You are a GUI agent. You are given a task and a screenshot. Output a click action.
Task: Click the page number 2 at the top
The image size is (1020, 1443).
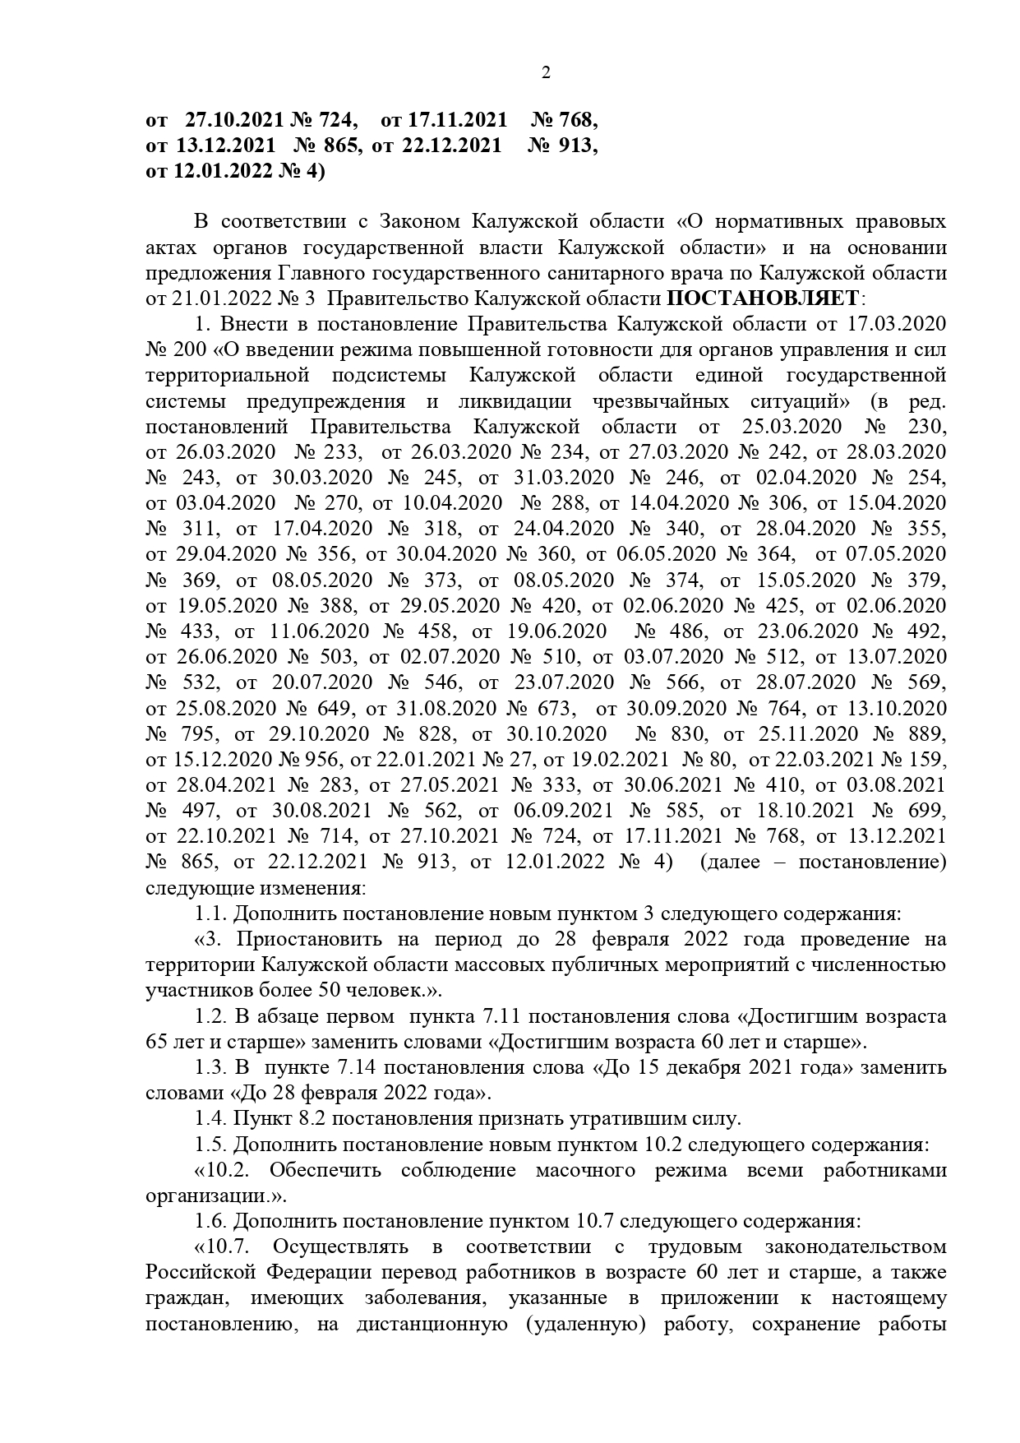tap(546, 72)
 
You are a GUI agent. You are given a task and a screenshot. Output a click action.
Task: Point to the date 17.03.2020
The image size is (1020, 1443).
tap(898, 323)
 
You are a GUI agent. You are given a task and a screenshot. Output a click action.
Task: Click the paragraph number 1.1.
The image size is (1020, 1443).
tap(210, 913)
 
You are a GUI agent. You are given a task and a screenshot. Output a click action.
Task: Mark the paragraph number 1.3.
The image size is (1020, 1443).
tap(210, 1067)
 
